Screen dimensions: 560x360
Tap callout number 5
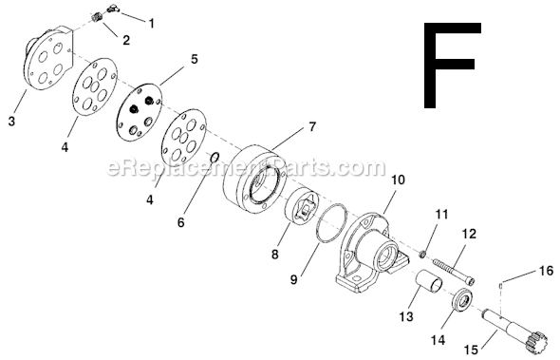coord(194,58)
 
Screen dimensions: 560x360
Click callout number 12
coord(469,234)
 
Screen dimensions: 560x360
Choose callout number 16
coord(546,271)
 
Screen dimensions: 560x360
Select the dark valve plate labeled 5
coord(140,111)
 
